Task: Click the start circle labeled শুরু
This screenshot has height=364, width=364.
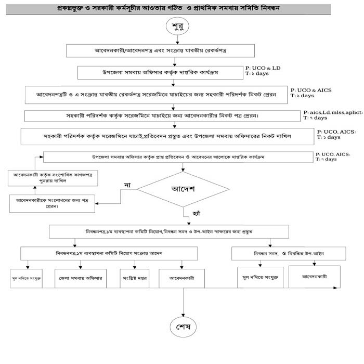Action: click(x=179, y=28)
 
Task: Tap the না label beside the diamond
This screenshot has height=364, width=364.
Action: click(x=126, y=184)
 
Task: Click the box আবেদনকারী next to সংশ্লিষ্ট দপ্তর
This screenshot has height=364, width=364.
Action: click(x=181, y=278)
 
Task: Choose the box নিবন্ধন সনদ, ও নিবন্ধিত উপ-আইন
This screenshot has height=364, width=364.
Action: click(x=289, y=253)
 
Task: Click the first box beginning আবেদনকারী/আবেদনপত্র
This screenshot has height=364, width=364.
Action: click(x=160, y=50)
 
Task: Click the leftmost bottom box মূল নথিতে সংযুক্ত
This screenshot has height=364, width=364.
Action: click(x=27, y=279)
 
